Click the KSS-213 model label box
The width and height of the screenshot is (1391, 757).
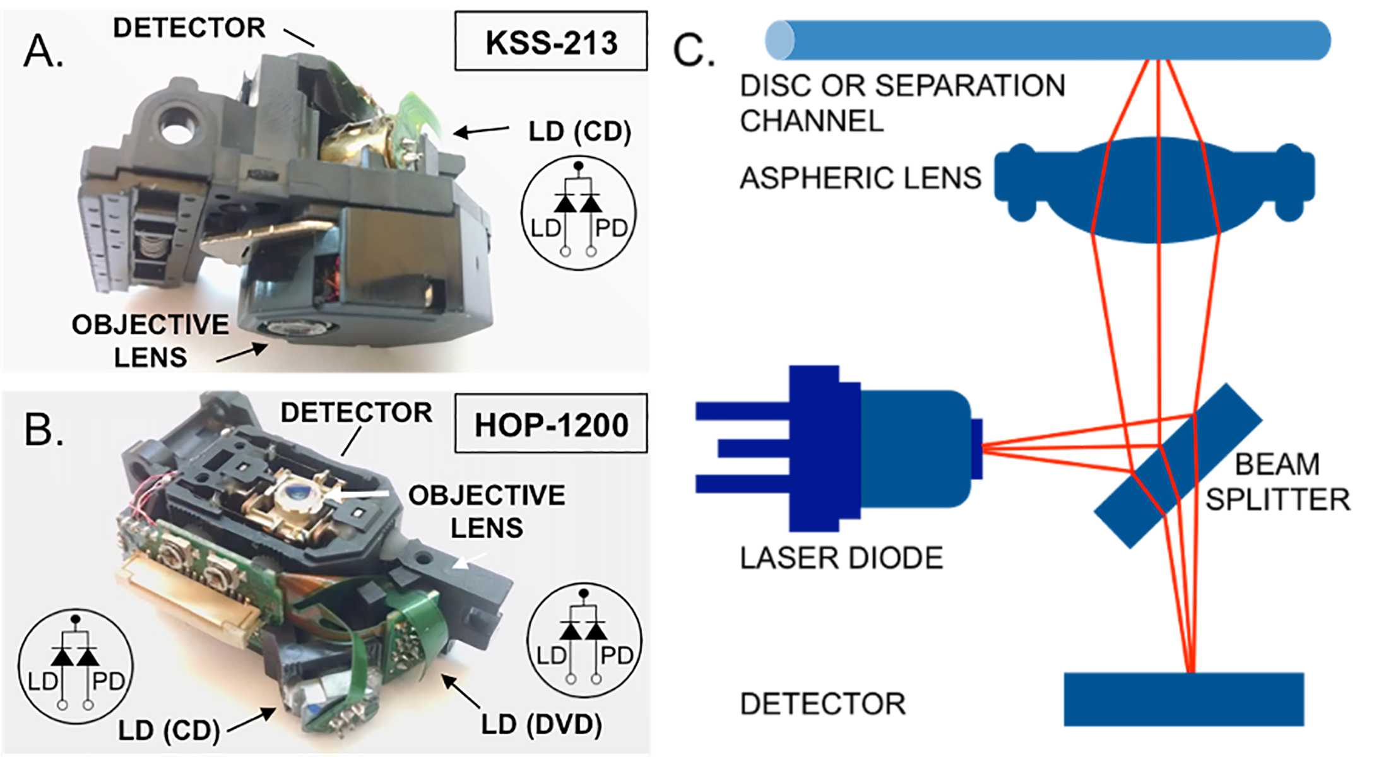pos(551,42)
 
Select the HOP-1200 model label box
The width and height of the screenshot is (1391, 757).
pos(551,424)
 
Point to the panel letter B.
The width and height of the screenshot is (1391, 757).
pos(43,430)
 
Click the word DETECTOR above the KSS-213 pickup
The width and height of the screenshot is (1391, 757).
pos(189,28)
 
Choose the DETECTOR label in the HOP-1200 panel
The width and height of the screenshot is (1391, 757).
pos(357,413)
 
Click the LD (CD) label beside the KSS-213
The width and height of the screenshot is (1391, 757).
pos(579,132)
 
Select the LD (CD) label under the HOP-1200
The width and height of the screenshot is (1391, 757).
pos(169,731)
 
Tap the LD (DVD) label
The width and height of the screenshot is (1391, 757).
pos(542,724)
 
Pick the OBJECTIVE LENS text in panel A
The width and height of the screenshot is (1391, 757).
pos(150,341)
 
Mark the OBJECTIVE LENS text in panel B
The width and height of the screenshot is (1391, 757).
pos(487,511)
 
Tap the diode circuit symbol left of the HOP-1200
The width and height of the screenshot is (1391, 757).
pos(76,666)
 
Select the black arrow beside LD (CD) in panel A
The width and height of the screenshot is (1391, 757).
pos(482,131)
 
